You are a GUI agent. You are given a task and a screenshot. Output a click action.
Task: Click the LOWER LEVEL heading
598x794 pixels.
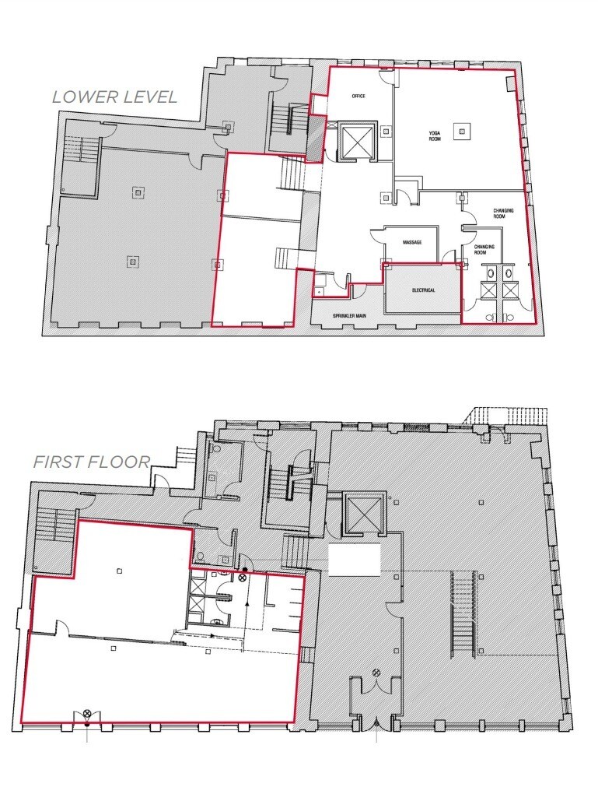click(x=114, y=97)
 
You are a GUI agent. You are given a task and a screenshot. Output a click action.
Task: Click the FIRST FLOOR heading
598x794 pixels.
click(x=91, y=462)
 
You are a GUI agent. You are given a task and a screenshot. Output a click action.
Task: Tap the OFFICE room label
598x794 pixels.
click(x=358, y=96)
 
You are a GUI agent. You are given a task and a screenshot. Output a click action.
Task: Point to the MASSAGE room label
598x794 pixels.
click(x=412, y=243)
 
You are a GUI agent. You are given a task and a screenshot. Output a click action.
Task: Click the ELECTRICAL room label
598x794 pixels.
click(x=423, y=290)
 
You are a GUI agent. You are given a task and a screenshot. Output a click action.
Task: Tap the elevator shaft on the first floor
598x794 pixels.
click(x=362, y=515)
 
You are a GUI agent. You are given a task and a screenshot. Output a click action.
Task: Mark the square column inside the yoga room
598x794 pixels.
click(x=463, y=132)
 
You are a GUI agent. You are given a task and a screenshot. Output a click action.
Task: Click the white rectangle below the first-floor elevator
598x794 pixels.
click(x=354, y=560)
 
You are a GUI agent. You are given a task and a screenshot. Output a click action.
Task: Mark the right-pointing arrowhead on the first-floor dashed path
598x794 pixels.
click(x=212, y=635)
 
